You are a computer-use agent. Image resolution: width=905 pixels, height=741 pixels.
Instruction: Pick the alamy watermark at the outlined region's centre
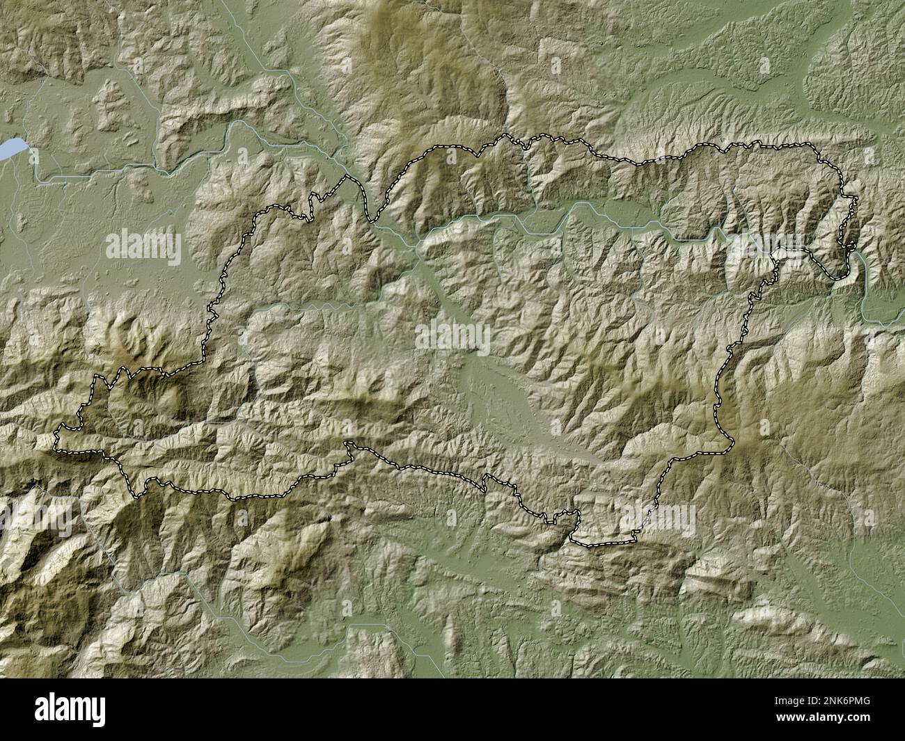[452, 339]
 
